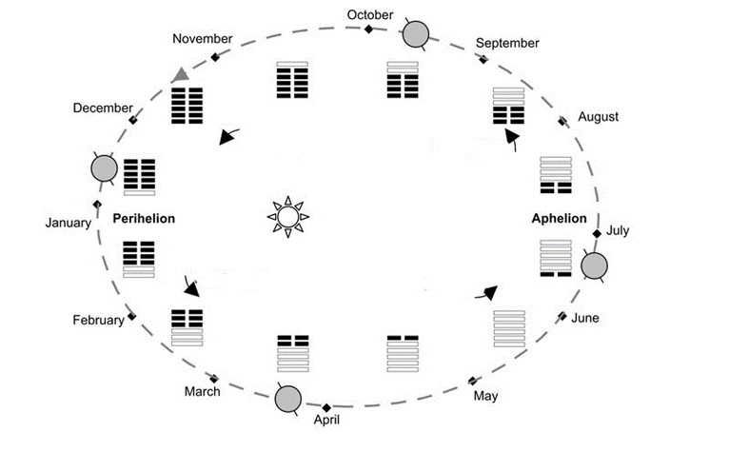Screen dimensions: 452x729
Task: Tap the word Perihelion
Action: point(144,218)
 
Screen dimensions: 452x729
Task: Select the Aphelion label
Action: point(559,218)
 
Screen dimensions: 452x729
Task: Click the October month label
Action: point(369,14)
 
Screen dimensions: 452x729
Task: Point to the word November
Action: point(202,38)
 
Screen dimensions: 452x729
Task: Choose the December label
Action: point(103,108)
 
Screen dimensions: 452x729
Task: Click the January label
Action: point(69,223)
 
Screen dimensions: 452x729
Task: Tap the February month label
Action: point(98,320)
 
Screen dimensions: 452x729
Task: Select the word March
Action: point(202,391)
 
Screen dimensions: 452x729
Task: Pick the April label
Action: point(326,420)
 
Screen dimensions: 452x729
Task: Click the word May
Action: point(485,396)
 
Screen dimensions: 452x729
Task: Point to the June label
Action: point(585,318)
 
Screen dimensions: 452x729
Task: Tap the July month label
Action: point(618,230)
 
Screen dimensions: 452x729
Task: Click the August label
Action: point(598,117)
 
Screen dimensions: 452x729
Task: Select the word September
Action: point(507,43)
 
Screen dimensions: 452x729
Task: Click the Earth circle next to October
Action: point(416,35)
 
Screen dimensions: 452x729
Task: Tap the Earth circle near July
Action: point(594,266)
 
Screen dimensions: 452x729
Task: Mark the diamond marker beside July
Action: point(597,234)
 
